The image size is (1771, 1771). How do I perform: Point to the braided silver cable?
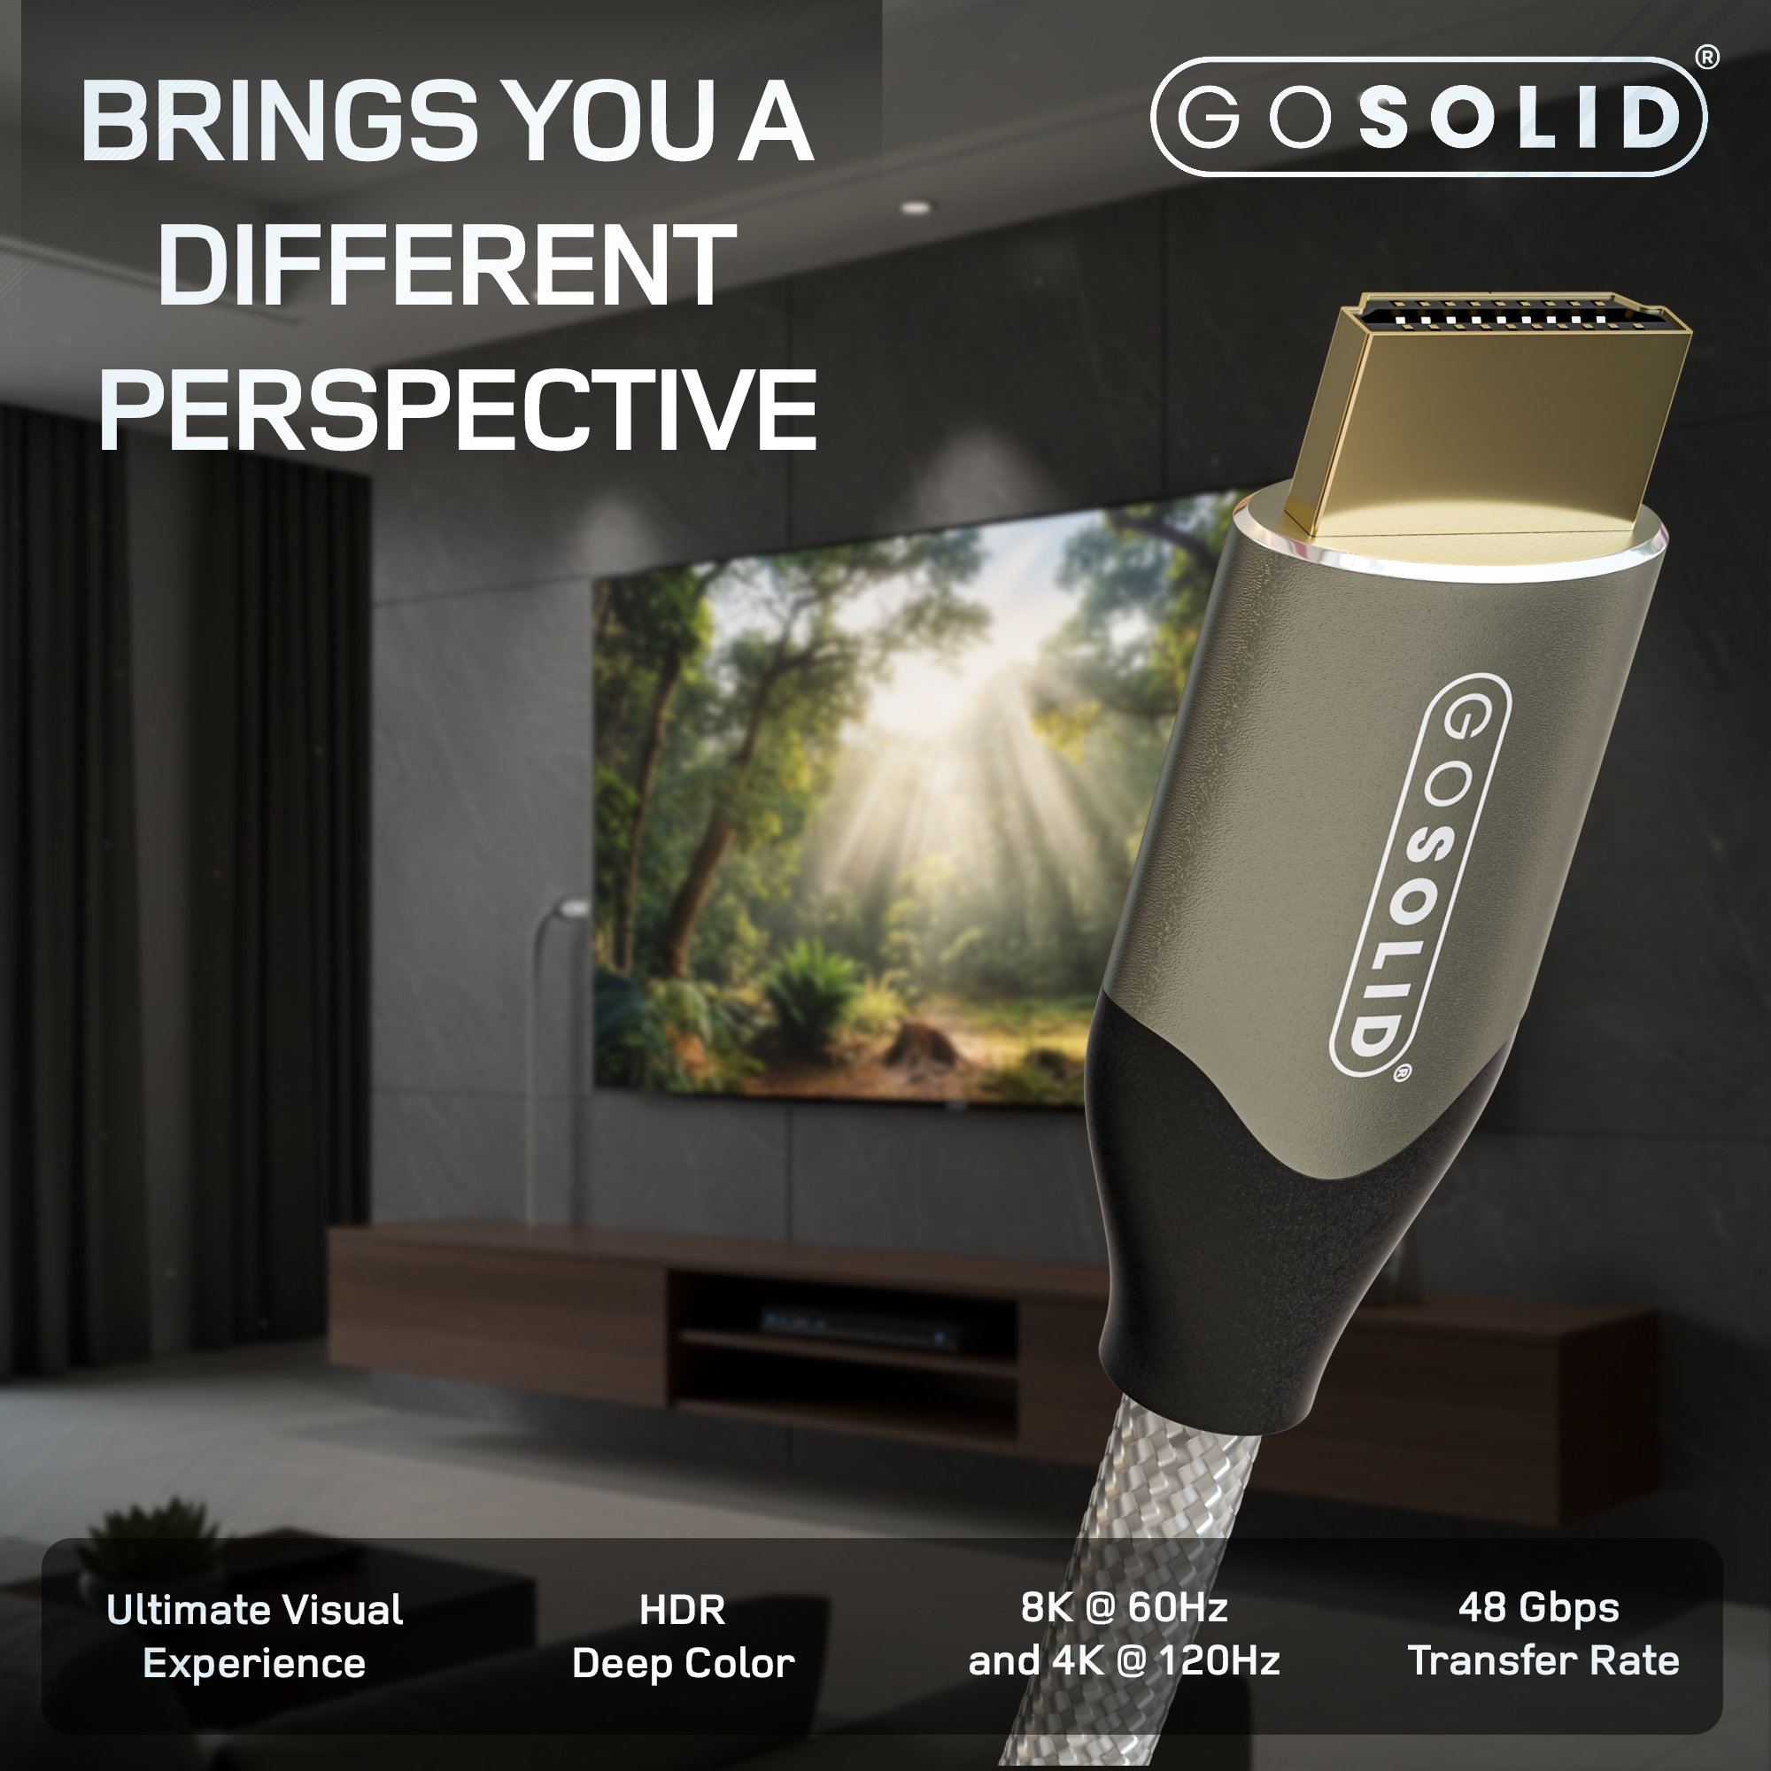pos(1182,1512)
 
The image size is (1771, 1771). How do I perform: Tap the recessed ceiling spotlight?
pos(915,208)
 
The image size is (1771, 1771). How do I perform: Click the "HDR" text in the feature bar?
pos(682,1611)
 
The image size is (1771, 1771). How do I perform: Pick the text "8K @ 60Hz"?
pos(1124,1607)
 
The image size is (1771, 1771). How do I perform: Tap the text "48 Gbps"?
pos(1538,1607)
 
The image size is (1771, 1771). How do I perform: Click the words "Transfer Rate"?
pos(1543,1660)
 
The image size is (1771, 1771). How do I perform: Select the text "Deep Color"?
pos(683,1663)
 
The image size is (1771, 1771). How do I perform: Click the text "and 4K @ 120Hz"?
pos(1124,1660)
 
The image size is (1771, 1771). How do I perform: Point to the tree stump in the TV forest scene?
pos(916,1040)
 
